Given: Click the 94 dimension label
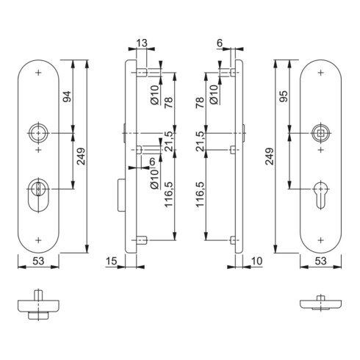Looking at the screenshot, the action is pos(67,96).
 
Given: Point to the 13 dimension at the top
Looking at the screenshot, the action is pos(142,43).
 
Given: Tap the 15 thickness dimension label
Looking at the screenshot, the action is pos(112,261).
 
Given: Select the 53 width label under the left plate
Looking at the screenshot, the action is pos(38,261).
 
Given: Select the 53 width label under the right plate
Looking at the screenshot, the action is pos(320,261).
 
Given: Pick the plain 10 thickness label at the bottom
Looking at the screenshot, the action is pos(256,261).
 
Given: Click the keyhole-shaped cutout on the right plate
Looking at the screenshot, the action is pos(320,195).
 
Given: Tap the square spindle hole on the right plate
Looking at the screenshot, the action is pos(320,133).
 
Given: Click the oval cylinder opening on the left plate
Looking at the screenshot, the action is pos(38,195).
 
